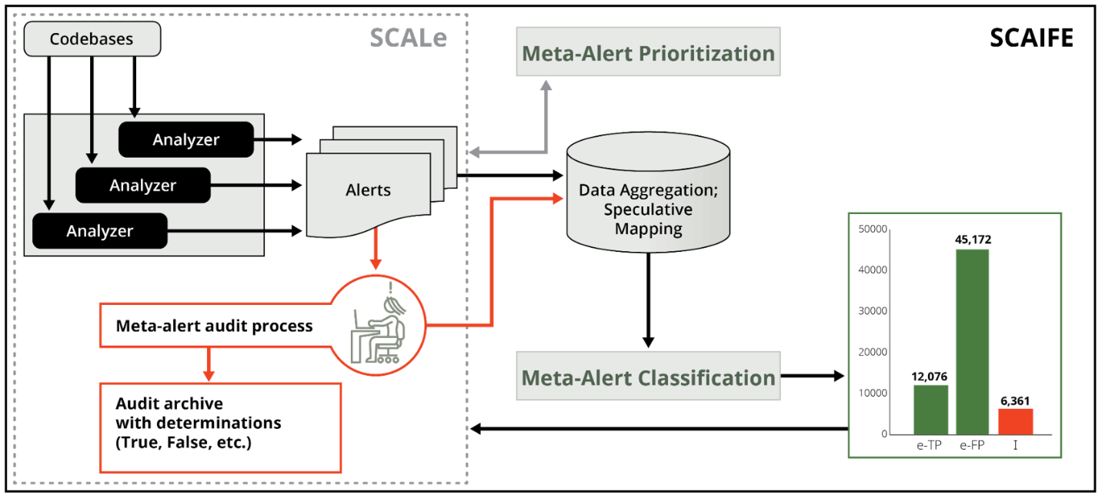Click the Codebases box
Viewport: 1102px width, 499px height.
pyautogui.click(x=92, y=39)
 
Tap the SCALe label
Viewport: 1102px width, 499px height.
pyautogui.click(x=408, y=38)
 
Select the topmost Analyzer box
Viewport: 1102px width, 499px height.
pyautogui.click(x=185, y=139)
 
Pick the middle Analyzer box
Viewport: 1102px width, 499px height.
pyautogui.click(x=142, y=186)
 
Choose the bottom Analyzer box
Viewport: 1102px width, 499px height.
pyautogui.click(x=99, y=231)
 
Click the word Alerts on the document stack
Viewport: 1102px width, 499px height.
pyautogui.click(x=368, y=190)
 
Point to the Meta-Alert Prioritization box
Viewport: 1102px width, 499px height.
pyautogui.click(x=648, y=52)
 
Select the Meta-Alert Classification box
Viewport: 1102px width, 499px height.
pyautogui.click(x=648, y=377)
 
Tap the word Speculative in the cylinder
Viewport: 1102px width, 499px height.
pyautogui.click(x=648, y=209)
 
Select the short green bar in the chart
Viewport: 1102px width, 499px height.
pyautogui.click(x=930, y=409)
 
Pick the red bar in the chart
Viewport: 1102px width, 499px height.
pyautogui.click(x=1015, y=421)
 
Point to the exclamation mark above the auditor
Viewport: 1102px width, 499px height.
pyautogui.click(x=391, y=289)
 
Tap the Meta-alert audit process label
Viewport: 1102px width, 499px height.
pyautogui.click(x=214, y=326)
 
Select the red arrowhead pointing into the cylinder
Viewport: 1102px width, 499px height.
pyautogui.click(x=559, y=199)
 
